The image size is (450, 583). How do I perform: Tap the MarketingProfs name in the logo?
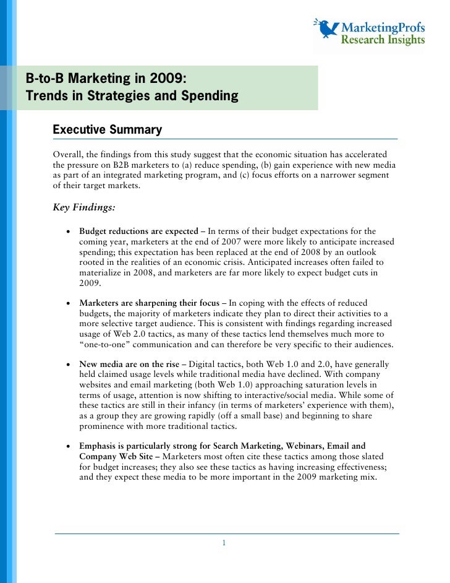[383, 28]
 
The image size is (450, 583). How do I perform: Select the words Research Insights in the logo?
[383, 40]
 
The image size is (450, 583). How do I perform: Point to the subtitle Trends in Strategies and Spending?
[132, 97]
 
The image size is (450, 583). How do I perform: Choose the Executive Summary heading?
[108, 130]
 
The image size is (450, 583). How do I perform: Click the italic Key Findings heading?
[84, 207]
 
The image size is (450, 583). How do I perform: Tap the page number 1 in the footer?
[224, 543]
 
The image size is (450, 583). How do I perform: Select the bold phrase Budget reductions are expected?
[138, 231]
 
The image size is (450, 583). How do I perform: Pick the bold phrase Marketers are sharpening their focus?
[149, 303]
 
